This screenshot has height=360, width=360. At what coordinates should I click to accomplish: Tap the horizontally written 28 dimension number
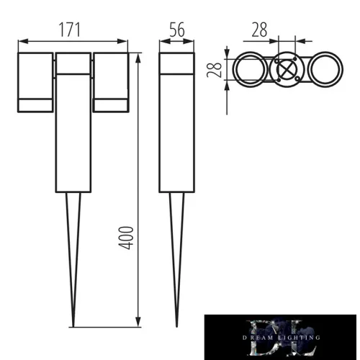pyautogui.click(x=261, y=30)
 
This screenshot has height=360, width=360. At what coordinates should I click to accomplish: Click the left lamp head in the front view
pyautogui.click(x=34, y=81)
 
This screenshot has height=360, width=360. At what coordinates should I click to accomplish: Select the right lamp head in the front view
pyautogui.click(x=110, y=81)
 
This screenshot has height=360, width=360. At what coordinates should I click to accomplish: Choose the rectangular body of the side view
pyautogui.click(x=177, y=122)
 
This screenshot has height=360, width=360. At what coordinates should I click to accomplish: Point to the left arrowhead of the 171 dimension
pyautogui.click(x=20, y=40)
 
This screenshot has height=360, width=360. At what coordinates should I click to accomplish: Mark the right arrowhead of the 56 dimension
pyautogui.click(x=193, y=40)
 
